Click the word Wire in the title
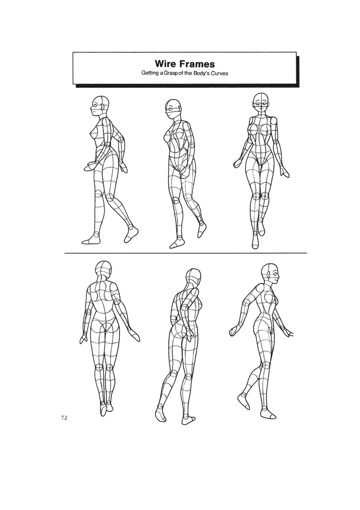coord(164,64)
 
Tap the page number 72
coord(64,418)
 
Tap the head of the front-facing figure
coord(260,103)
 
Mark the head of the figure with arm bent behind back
coord(193,279)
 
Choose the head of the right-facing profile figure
coord(269,273)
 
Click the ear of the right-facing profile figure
coord(267,275)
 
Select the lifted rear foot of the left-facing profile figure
coord(131,234)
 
